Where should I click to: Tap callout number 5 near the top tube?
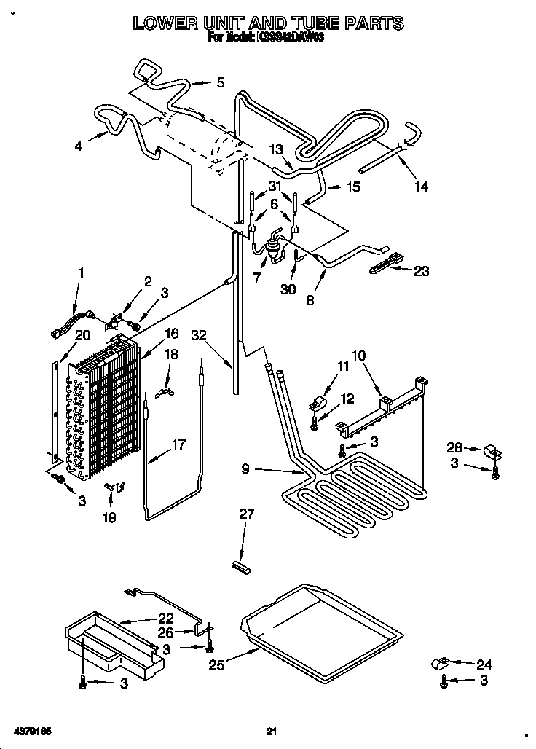pos(221,83)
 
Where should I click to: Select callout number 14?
pos(420,187)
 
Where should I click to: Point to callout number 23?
pos(421,271)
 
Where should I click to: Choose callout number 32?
pos(200,336)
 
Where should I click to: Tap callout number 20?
pos(82,335)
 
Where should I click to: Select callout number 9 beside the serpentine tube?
pos(245,470)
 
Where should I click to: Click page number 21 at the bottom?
pos(272,731)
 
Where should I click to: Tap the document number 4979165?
pos(31,731)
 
